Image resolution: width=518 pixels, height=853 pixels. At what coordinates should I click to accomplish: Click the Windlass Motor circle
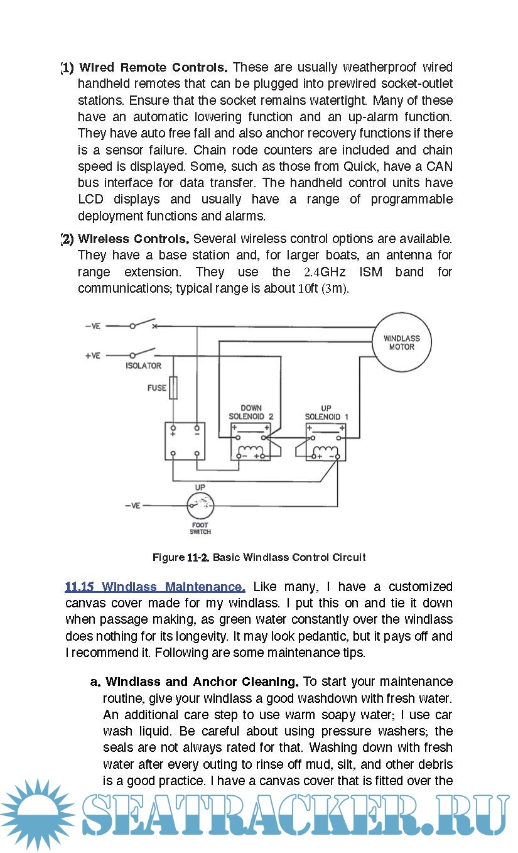point(402,342)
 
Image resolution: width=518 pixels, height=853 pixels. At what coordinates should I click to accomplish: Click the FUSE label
point(157,388)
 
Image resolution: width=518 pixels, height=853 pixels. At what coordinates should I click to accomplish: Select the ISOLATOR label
point(143,366)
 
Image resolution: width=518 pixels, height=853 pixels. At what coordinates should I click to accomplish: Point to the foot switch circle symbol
point(200,506)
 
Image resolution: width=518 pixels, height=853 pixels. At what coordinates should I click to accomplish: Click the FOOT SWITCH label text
point(200,528)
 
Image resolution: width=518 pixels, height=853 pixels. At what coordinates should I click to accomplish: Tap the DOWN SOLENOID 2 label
point(251,412)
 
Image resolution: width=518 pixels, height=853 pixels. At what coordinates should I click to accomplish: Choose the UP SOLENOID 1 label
point(326,412)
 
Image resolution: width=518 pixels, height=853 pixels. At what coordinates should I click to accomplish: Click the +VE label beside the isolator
point(93,356)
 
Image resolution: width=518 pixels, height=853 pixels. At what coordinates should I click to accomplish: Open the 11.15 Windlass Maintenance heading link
point(154,587)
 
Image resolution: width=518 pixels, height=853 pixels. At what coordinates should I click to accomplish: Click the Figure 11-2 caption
point(259,557)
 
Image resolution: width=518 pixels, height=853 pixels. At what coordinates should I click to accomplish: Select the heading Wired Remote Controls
point(153,67)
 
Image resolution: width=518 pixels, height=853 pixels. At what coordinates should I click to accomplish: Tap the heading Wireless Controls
point(134,239)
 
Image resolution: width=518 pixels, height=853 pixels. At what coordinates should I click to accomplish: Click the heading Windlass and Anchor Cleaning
point(202,682)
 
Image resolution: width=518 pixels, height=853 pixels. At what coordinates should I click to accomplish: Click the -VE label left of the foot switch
point(132,506)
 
